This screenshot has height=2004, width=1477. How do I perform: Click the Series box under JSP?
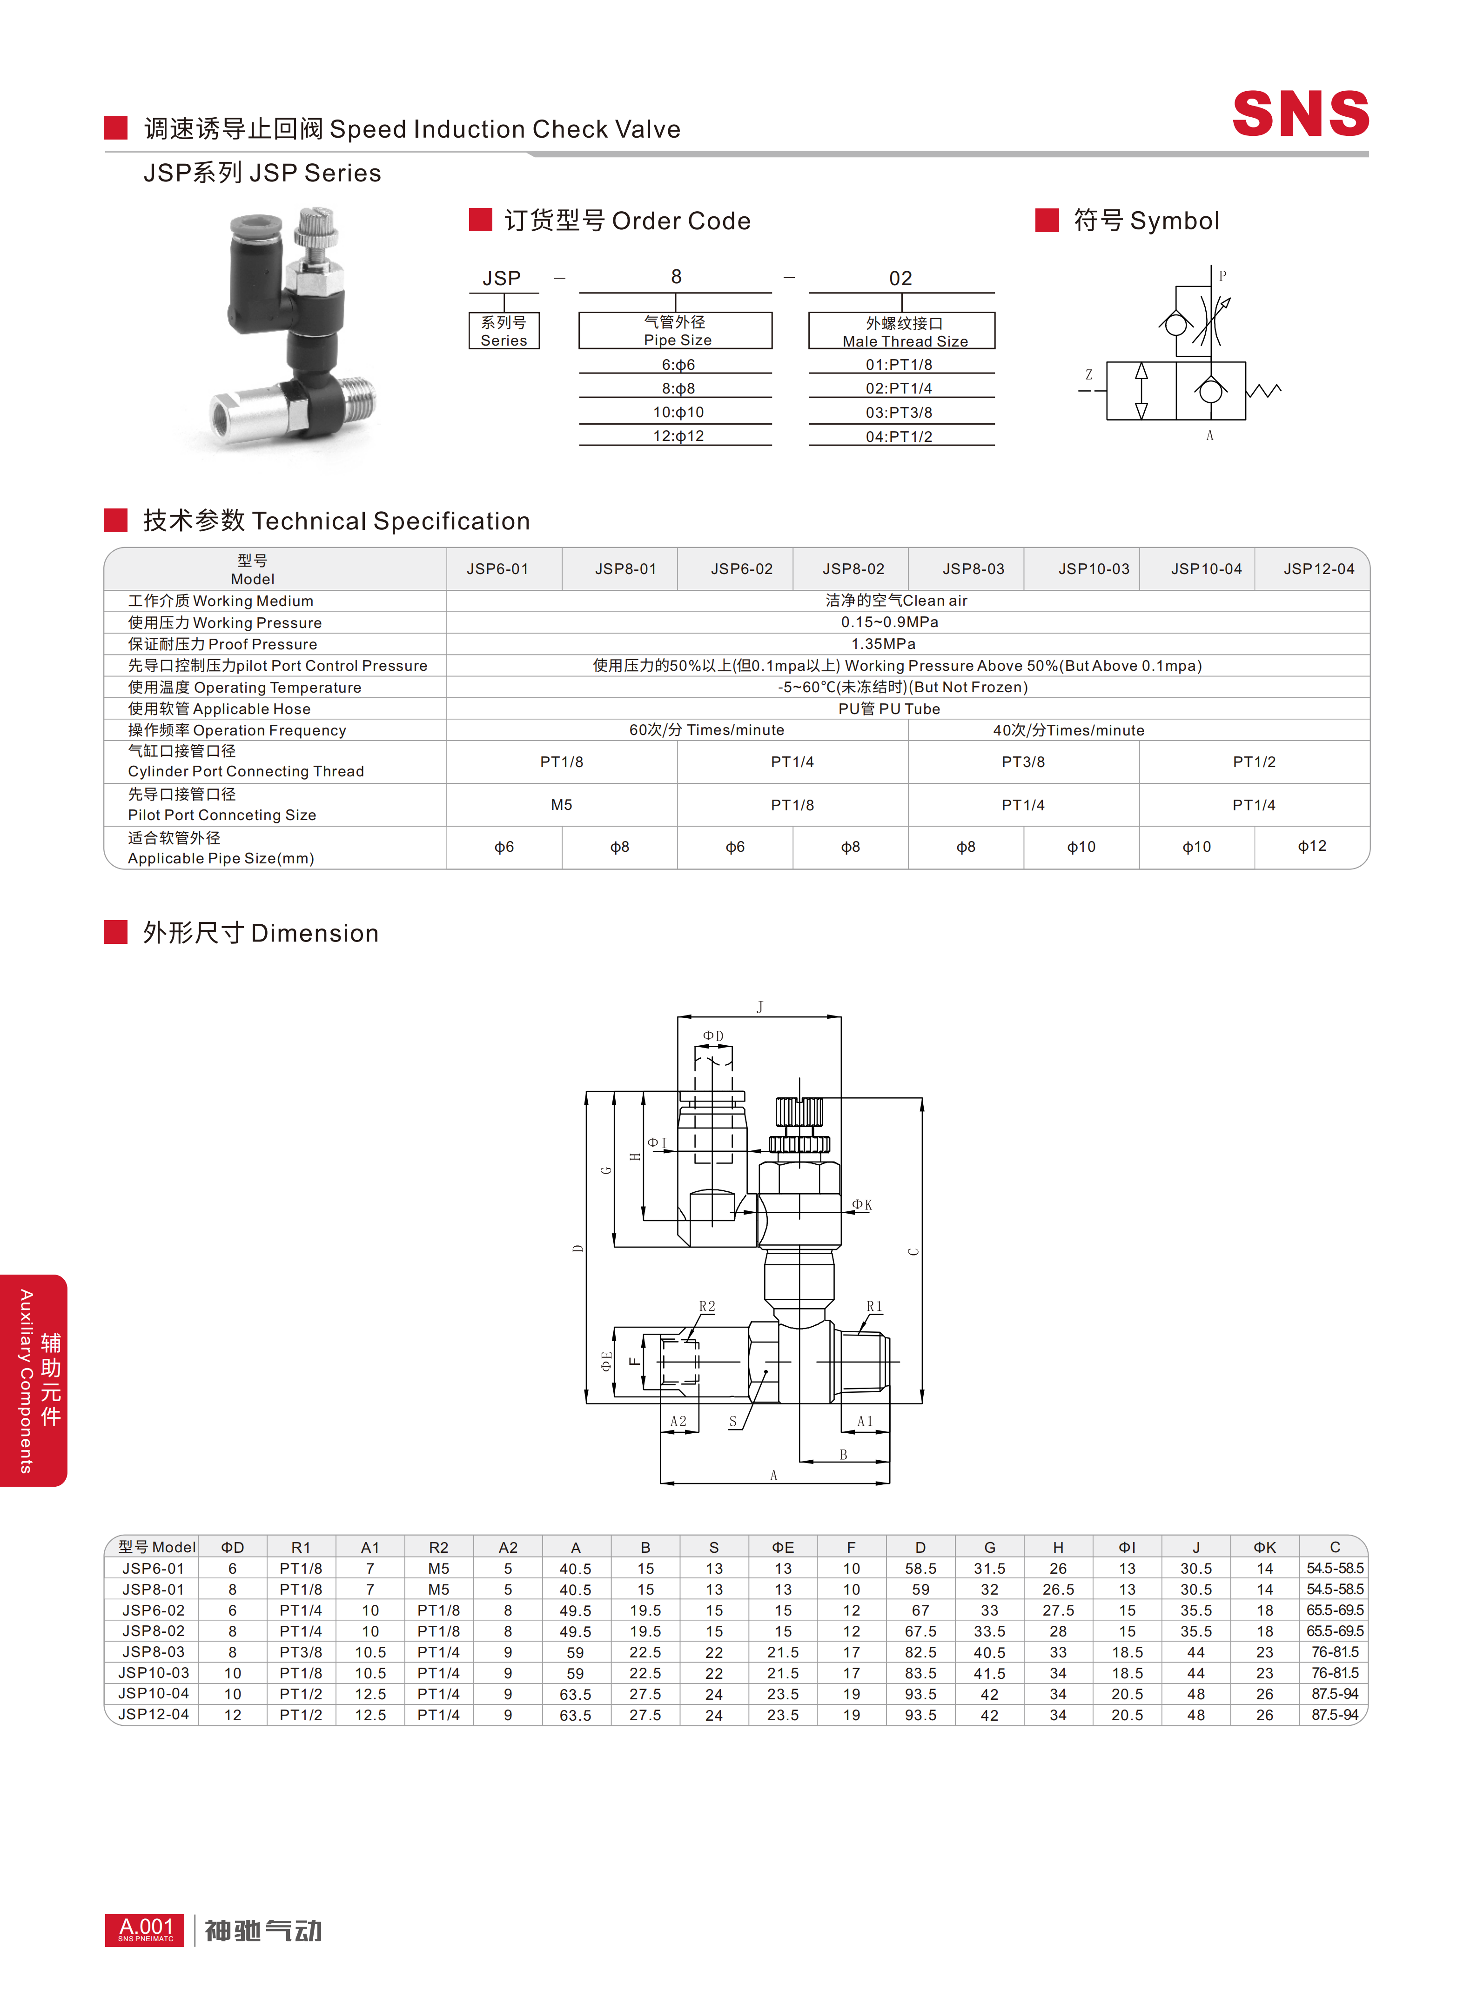click(504, 331)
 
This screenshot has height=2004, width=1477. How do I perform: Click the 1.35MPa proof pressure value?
click(883, 643)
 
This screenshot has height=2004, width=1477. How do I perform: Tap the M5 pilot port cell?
click(562, 804)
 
